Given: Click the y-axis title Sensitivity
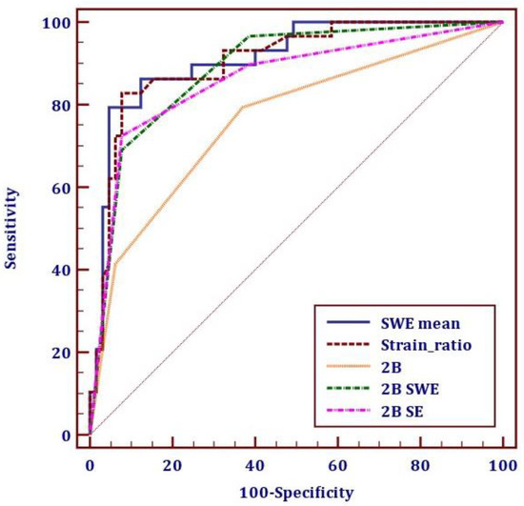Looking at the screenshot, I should [x=11, y=228].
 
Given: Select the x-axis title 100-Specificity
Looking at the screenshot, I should [x=296, y=493].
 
